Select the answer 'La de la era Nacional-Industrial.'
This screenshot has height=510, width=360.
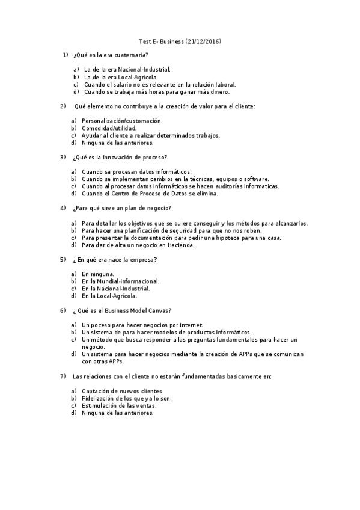[127, 69]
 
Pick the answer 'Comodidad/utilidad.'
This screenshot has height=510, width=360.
[109, 128]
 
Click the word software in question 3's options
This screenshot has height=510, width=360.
[255, 179]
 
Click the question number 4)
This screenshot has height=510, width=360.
[63, 209]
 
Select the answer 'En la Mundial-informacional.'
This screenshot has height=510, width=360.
[120, 281]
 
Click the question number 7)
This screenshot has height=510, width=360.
[63, 376]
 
